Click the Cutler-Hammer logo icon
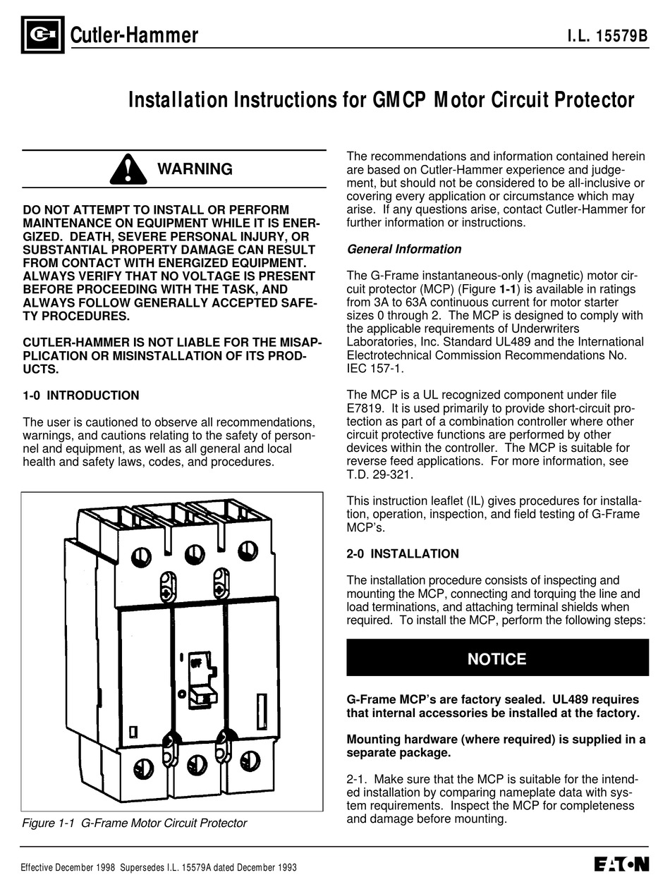(x=42, y=35)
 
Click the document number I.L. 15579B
(x=607, y=36)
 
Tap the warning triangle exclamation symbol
(x=128, y=169)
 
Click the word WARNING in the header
(x=194, y=169)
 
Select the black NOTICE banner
(x=497, y=658)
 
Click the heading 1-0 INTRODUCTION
(x=81, y=396)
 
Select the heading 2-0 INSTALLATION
(x=403, y=553)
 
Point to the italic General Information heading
(x=404, y=249)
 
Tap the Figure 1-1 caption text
(x=134, y=823)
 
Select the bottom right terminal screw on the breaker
(x=249, y=761)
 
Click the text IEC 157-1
(x=375, y=369)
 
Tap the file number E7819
(x=365, y=408)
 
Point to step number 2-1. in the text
(x=357, y=779)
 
